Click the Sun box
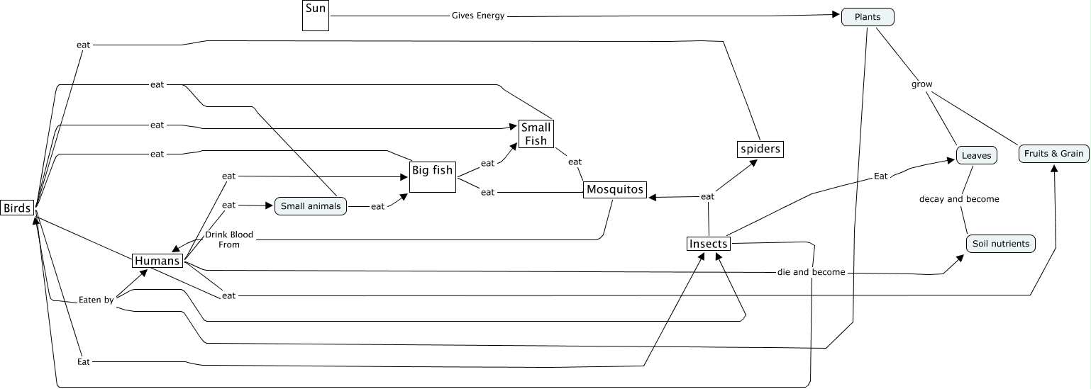[316, 15]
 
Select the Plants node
[868, 16]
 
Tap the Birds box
[17, 208]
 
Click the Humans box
[157, 261]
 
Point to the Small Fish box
[536, 134]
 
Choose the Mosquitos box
[615, 189]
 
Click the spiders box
[760, 150]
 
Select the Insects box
[709, 244]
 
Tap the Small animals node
[311, 206]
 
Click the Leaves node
[976, 154]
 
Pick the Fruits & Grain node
[1053, 153]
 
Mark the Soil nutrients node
[1000, 244]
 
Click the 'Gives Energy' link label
[478, 16]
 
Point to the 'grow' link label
[922, 84]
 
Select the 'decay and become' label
[959, 199]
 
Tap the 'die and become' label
[811, 272]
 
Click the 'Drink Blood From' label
[228, 239]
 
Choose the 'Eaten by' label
[96, 300]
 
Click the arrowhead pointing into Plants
[837, 15]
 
